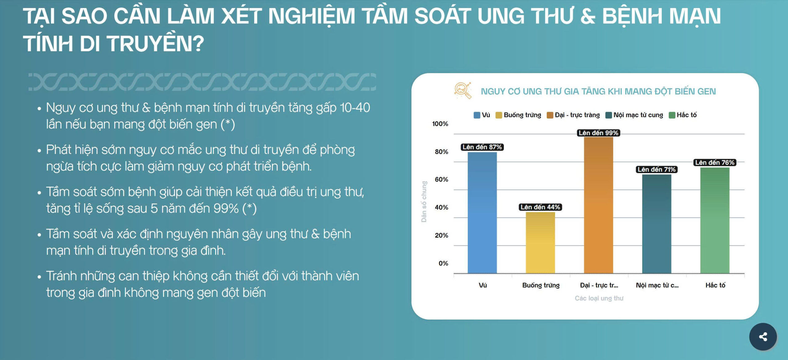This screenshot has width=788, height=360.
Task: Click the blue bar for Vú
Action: tap(482, 213)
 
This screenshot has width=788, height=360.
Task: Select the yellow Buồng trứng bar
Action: tap(540, 243)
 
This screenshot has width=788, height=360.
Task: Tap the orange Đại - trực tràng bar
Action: tap(598, 205)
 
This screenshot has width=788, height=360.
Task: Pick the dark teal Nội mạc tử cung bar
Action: tap(657, 224)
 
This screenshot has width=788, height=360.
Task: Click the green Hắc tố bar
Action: tap(715, 220)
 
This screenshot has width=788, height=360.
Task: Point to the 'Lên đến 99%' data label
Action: tap(598, 133)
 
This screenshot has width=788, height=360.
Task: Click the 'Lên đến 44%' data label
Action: tap(540, 207)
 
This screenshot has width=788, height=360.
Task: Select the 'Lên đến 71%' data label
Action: tap(657, 169)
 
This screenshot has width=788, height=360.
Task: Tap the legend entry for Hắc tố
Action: tap(683, 115)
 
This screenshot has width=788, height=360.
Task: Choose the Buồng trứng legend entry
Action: tap(518, 115)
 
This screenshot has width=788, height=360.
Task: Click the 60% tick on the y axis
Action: tap(441, 180)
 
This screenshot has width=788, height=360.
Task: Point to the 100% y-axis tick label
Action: tap(440, 124)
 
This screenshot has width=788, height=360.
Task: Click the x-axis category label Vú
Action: tap(483, 285)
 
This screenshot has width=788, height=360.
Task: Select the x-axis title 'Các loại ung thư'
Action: tap(599, 298)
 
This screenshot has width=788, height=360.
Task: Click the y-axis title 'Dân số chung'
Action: tap(424, 202)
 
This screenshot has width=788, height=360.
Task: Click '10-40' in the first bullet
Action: tap(355, 108)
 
